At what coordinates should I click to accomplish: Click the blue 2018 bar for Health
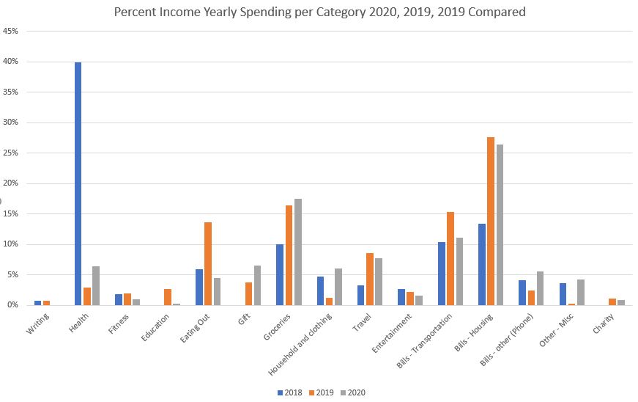click(78, 183)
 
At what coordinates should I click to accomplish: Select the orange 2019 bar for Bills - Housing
click(491, 221)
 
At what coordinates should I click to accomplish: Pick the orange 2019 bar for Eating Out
click(208, 263)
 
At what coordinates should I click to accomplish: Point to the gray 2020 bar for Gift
click(258, 285)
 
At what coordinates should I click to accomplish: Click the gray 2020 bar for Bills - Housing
click(500, 224)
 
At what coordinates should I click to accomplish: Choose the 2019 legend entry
click(322, 392)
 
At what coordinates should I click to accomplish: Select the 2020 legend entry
click(353, 392)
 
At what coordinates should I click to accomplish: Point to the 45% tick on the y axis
click(11, 32)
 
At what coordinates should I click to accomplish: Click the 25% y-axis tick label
click(11, 153)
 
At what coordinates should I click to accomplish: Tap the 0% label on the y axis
click(13, 305)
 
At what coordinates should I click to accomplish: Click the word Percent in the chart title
click(136, 12)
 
